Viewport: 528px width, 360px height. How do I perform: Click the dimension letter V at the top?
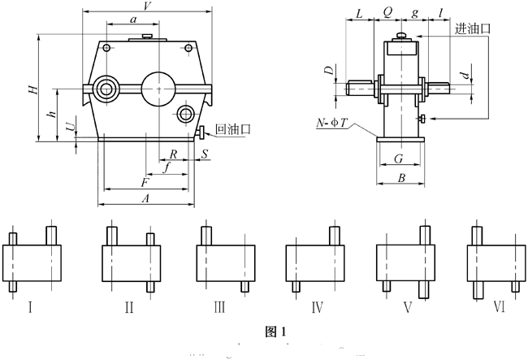pyautogui.click(x=146, y=7)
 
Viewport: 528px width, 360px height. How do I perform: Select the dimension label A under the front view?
pyautogui.click(x=145, y=198)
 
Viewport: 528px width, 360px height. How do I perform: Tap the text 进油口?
pyautogui.click(x=473, y=28)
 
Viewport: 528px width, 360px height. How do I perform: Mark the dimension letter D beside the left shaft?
pyautogui.click(x=329, y=72)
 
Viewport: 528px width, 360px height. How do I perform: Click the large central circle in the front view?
pyautogui.click(x=158, y=86)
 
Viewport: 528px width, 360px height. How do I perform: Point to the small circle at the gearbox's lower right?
pyautogui.click(x=185, y=113)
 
